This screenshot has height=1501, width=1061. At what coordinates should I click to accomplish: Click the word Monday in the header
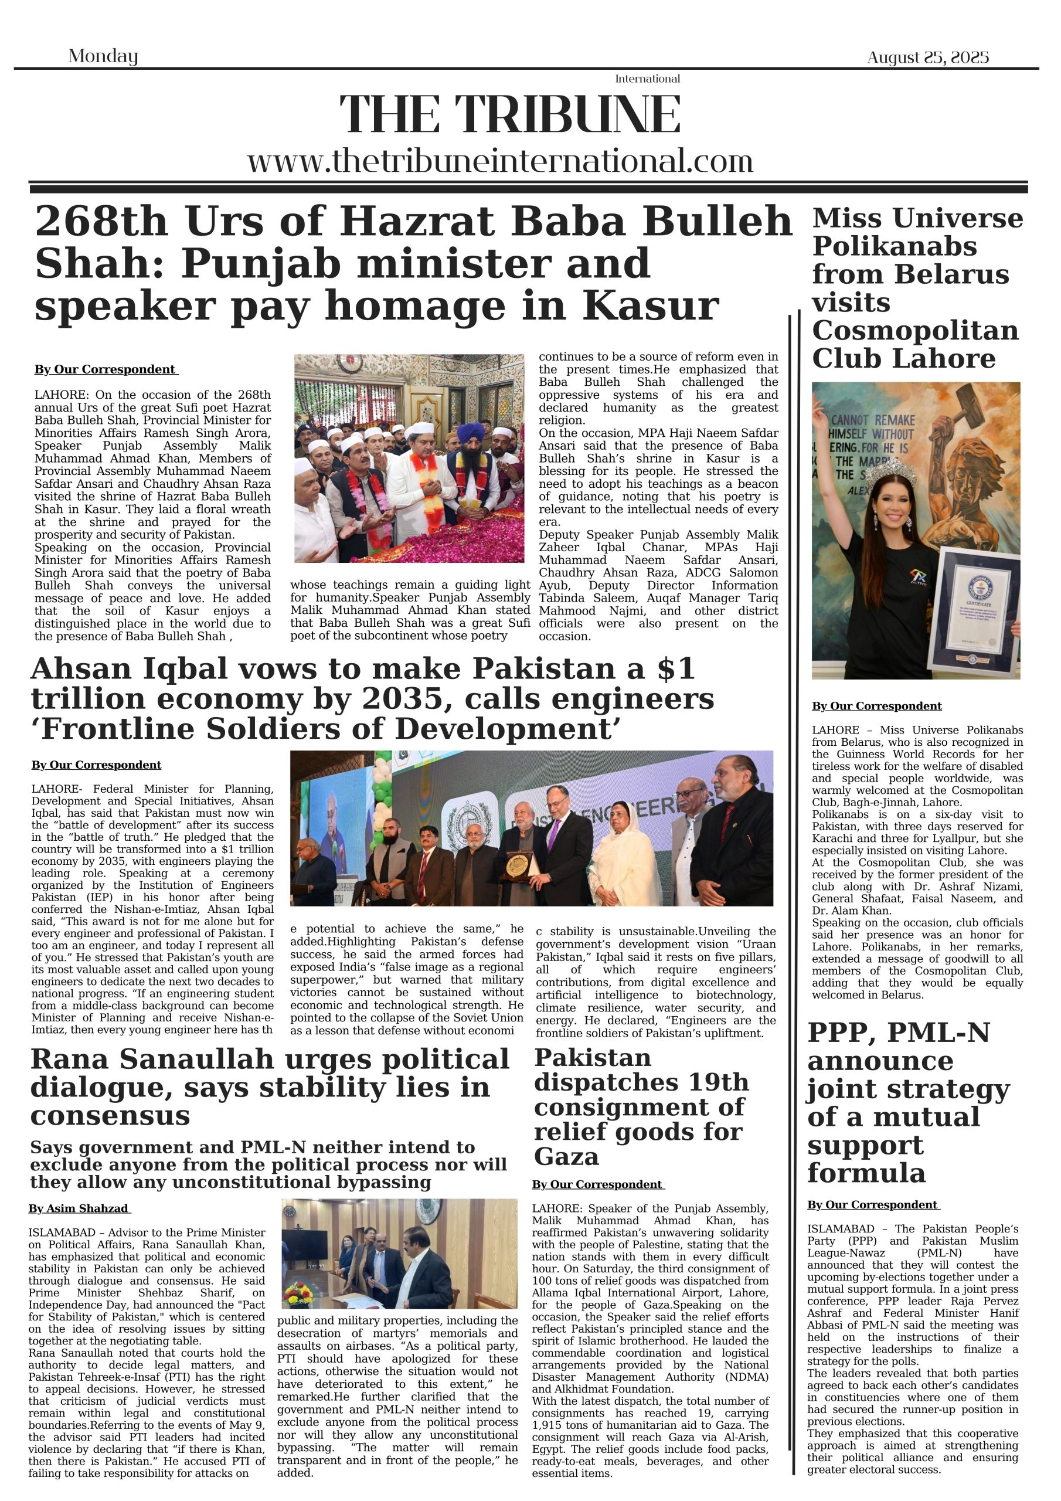(103, 56)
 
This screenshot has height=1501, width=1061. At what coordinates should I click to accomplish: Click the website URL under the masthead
(500, 161)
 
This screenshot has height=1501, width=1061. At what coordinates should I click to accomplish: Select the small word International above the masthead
(647, 79)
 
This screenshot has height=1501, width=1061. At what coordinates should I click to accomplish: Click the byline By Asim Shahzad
(79, 1209)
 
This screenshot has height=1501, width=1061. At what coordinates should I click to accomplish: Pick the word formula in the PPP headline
(866, 1173)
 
